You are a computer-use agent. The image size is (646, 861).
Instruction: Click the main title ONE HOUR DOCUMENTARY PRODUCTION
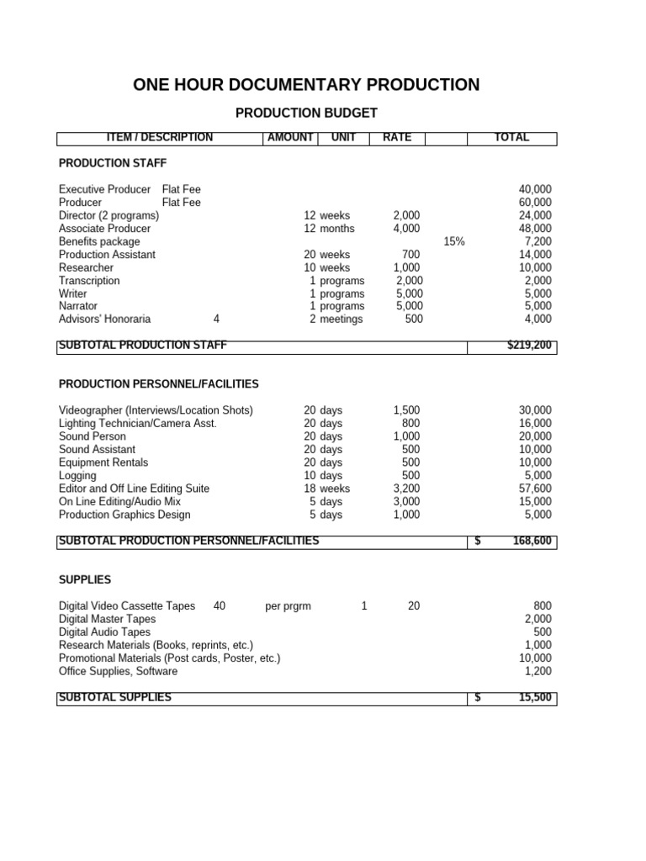coord(306,85)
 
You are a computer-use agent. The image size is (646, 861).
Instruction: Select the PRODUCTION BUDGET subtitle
coord(306,113)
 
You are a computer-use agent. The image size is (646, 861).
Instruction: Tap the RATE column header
coord(397,138)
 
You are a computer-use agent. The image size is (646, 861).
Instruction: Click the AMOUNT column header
coord(289,138)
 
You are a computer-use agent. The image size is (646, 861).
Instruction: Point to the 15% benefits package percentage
coord(453,241)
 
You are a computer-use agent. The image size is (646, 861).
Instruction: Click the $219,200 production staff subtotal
coord(530,346)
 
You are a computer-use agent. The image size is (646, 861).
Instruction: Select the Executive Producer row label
coord(105,190)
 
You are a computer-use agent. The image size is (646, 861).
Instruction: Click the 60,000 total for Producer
coord(535,203)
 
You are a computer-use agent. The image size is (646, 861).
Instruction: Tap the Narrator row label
coord(78,307)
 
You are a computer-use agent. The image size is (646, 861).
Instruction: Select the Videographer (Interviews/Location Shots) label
coord(156,410)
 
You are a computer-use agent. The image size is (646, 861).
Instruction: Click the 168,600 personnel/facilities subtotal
coord(532,541)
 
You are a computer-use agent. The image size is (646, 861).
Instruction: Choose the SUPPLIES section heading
coord(85,580)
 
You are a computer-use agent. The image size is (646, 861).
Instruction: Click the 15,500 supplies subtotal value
coord(534,698)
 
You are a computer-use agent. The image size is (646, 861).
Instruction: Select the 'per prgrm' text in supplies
coord(289,606)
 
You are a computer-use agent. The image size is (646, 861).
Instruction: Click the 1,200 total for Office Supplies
coord(537,671)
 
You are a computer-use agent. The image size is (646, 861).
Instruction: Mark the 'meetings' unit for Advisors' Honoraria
coord(342,320)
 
